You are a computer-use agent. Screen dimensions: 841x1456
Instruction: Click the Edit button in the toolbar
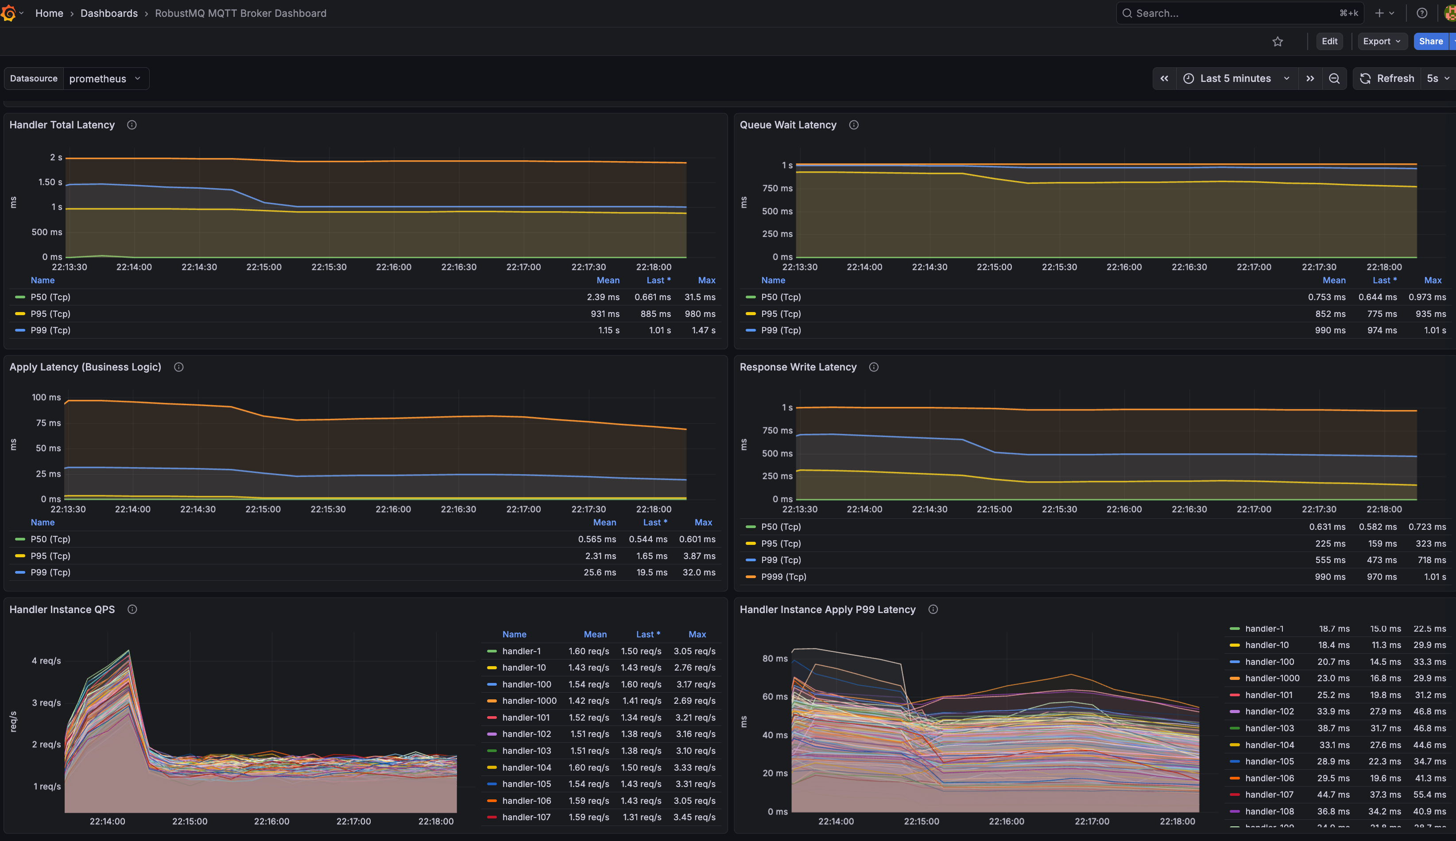(1329, 41)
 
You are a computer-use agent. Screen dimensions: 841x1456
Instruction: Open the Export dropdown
(1381, 41)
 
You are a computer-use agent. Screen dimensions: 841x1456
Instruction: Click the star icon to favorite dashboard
(1278, 42)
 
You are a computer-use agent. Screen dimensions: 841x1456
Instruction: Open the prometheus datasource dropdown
(105, 78)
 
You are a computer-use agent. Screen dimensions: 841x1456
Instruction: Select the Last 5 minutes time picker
(1236, 78)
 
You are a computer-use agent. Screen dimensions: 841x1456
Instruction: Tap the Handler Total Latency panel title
(62, 125)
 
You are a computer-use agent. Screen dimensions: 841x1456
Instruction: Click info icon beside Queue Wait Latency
(853, 125)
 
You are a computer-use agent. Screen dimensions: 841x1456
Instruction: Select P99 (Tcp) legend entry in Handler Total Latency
(50, 330)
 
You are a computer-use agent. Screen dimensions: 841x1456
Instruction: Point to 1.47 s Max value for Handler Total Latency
(703, 330)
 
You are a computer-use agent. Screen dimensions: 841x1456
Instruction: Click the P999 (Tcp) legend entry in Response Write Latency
(783, 576)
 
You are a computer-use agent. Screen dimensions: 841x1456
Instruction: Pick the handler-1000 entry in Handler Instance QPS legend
(529, 701)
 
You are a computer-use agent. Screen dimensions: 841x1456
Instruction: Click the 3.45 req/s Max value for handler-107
(694, 817)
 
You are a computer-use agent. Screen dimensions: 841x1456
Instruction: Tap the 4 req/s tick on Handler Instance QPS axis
(46, 661)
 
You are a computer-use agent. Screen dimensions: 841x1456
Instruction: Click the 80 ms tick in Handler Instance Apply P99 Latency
(775, 659)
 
